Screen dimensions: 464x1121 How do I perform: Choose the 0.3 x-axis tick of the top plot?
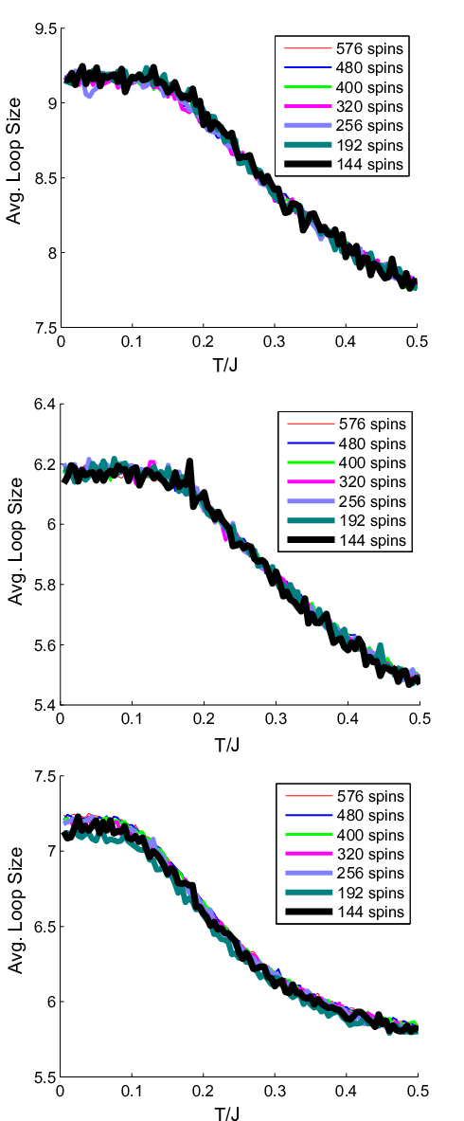[274, 342]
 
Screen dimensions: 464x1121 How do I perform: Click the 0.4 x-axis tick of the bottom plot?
[346, 1091]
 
